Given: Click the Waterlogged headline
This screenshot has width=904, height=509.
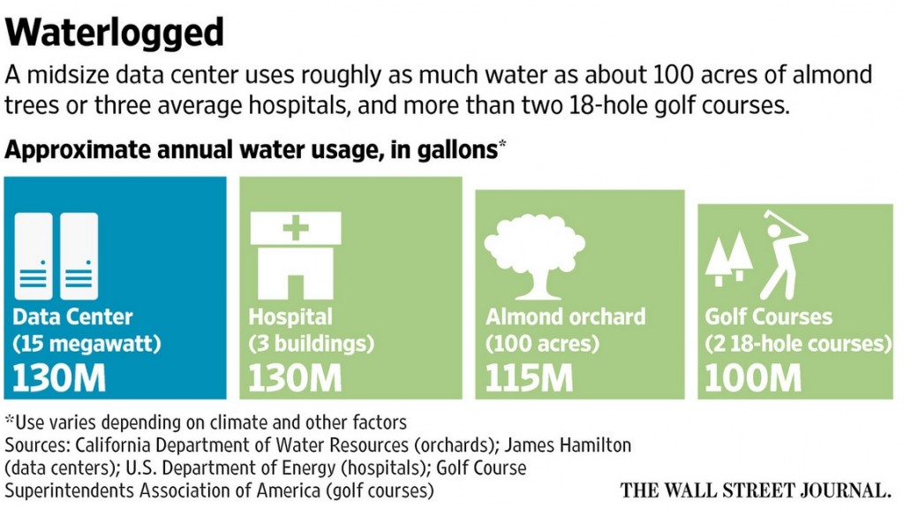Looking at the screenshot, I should coord(115,33).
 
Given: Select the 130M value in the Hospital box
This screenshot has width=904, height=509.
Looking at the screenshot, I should coord(295,378).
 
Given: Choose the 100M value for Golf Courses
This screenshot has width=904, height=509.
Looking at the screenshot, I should coord(753,378).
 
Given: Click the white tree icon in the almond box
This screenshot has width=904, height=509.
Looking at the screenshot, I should coord(535,253).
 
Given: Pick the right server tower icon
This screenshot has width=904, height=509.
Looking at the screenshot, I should coord(79,255).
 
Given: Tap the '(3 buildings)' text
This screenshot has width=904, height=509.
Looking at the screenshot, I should coord(311,343).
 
